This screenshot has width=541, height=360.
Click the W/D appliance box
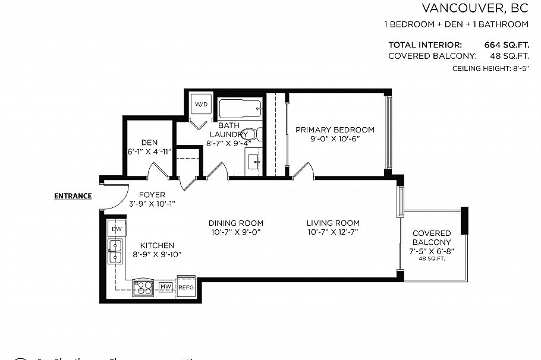(x=202, y=105)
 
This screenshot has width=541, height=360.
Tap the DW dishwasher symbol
(x=116, y=229)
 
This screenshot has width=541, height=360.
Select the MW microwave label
(x=165, y=288)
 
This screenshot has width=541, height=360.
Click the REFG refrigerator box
(x=186, y=287)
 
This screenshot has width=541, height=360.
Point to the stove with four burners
(x=143, y=288)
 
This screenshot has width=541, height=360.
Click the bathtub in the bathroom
(x=240, y=109)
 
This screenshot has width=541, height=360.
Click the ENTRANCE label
(x=73, y=196)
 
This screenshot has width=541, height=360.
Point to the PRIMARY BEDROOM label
(x=335, y=130)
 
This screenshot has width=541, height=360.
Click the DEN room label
(x=149, y=143)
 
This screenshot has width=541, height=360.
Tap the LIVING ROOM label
(x=333, y=223)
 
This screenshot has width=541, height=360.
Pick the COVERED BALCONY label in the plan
(x=432, y=238)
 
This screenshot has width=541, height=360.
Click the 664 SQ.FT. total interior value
(x=507, y=45)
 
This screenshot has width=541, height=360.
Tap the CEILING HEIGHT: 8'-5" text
(x=490, y=69)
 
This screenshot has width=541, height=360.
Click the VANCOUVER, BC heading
(x=475, y=8)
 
